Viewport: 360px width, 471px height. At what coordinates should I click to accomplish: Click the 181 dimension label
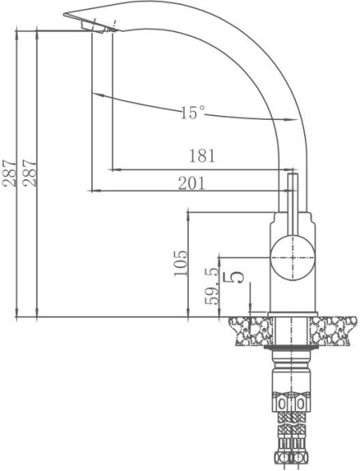pyautogui.click(x=202, y=156)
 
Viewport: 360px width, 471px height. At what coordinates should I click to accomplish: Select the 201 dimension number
pyautogui.click(x=191, y=183)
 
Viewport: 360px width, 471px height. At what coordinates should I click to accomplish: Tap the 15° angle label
pyautogui.click(x=193, y=112)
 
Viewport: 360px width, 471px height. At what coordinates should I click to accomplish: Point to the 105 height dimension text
pyautogui.click(x=180, y=263)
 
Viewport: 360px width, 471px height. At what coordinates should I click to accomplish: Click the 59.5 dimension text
pyautogui.click(x=212, y=286)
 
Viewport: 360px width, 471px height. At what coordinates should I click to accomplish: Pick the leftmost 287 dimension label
pyautogui.click(x=10, y=174)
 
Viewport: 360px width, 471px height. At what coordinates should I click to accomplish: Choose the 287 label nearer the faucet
pyautogui.click(x=30, y=174)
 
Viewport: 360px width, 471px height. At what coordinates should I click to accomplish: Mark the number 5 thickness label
pyautogui.click(x=233, y=277)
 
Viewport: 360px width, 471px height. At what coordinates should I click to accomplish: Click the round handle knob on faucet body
pyautogui.click(x=292, y=258)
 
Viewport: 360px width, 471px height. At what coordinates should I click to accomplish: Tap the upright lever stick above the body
pyautogui.click(x=292, y=204)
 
